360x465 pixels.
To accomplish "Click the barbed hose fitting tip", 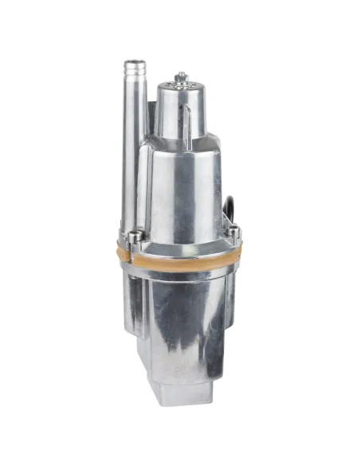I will (133, 72).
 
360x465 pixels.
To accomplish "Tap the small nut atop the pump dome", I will (181, 76).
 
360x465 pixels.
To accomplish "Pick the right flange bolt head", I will (233, 232).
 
